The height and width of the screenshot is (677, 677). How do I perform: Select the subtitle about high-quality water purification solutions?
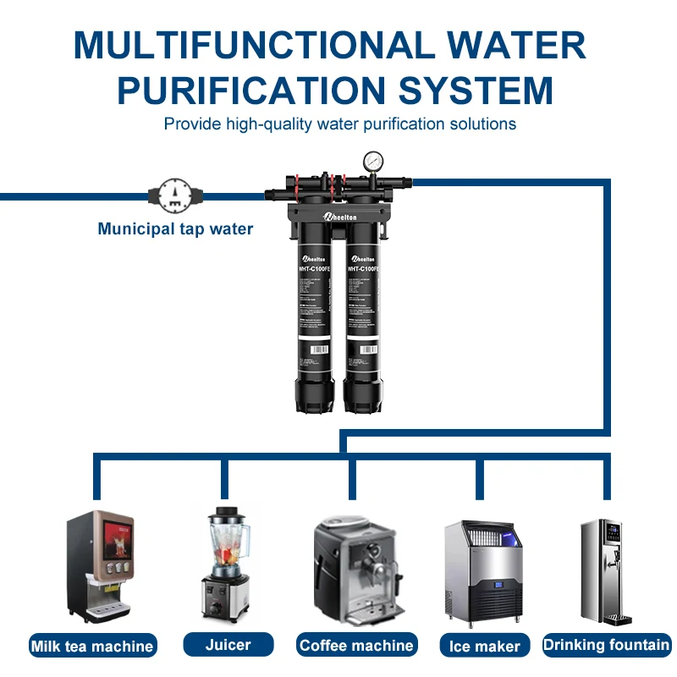tap(339, 124)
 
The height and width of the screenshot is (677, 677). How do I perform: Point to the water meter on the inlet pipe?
tap(175, 195)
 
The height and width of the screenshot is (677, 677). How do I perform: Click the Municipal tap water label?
tap(175, 228)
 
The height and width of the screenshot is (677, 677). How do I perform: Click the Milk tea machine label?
tap(93, 647)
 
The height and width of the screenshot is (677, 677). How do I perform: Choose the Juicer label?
tap(228, 645)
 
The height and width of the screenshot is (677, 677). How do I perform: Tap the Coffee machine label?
tap(356, 646)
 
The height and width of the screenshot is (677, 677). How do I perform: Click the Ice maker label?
tap(485, 647)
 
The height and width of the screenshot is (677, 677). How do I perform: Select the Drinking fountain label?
tap(607, 645)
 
